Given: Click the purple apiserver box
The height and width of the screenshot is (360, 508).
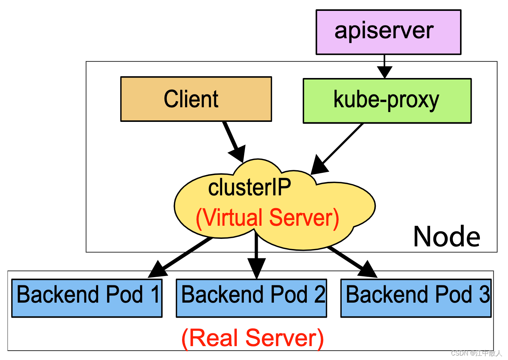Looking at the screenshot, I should pos(388,32).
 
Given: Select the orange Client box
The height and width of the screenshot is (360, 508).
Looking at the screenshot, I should pos(196,99).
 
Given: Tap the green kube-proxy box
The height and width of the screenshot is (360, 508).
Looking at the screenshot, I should pos(387,100).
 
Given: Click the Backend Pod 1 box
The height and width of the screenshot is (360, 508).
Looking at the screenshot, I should pos(87,298).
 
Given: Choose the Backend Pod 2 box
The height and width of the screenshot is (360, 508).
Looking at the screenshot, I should pos(251,298).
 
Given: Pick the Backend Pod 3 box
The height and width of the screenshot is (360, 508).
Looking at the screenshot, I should pos(415,298).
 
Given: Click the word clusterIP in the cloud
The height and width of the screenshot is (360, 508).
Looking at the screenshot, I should pos(250,187).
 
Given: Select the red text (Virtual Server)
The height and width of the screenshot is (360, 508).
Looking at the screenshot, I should pos(267,218).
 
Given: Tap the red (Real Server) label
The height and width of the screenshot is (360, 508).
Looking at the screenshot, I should pos(253,338).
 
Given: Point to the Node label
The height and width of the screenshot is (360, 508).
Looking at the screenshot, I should pos(447,237).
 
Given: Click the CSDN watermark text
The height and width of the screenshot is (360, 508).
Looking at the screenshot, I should pos(476,353).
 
